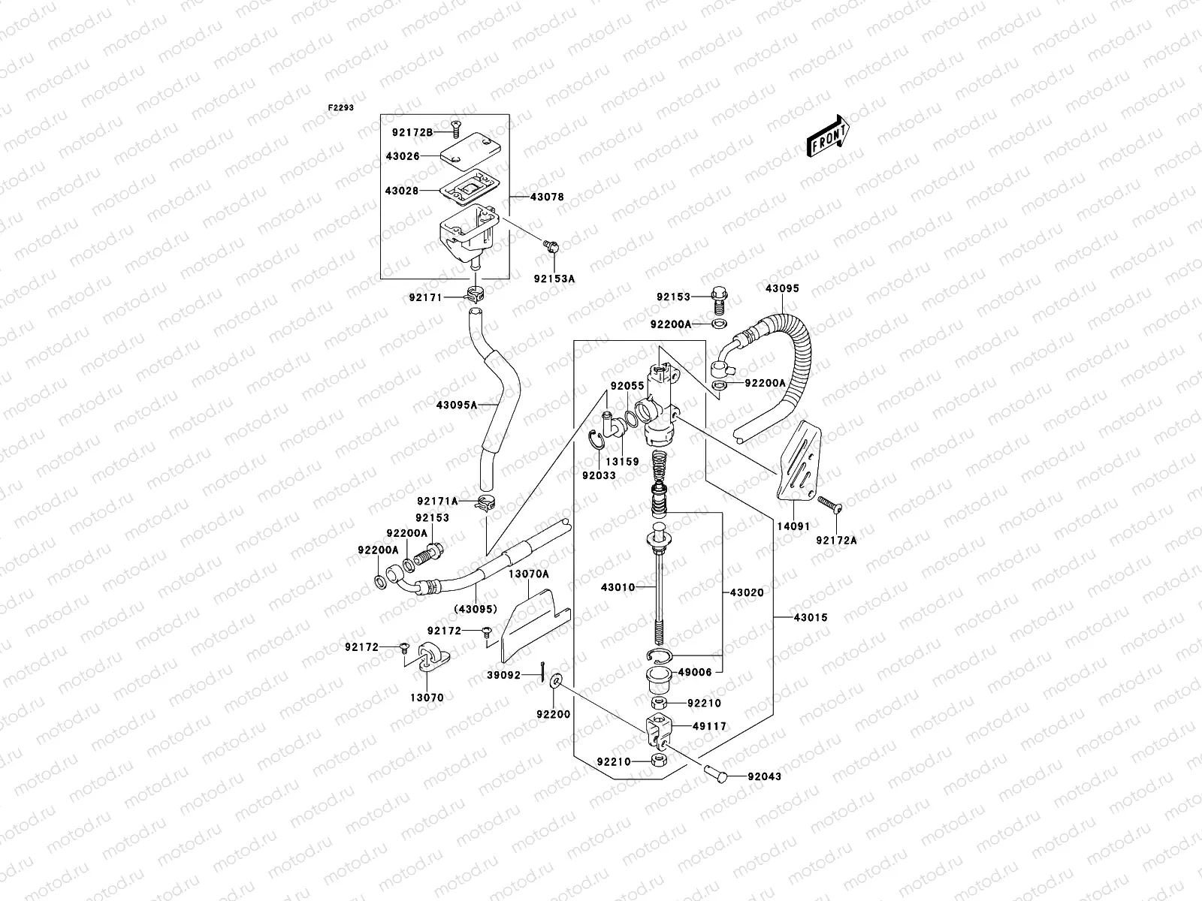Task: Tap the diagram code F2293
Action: point(340,107)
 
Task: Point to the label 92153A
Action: point(554,278)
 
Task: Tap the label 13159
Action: point(624,462)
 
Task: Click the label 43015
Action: point(810,617)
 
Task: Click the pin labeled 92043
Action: point(715,773)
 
